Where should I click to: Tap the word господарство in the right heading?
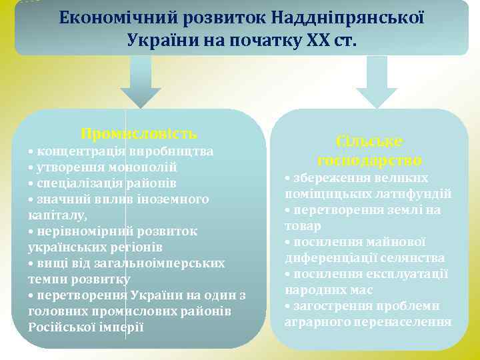[370, 160]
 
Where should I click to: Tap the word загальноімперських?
[163, 263]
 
